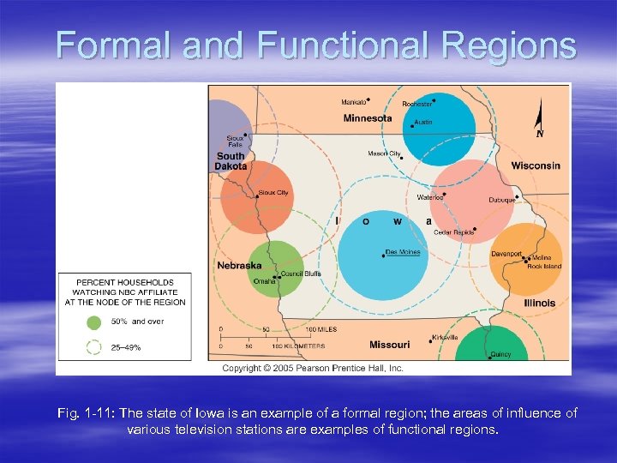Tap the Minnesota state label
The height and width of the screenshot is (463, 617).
[368, 118]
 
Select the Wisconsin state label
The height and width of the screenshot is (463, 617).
[536, 165]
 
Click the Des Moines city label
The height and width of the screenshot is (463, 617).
[403, 252]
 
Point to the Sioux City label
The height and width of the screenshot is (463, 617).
[273, 193]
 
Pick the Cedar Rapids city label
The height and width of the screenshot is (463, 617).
[454, 232]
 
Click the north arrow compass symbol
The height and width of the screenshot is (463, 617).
[539, 120]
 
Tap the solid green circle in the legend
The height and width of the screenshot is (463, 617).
[93, 322]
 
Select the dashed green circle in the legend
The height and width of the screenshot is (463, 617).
[93, 348]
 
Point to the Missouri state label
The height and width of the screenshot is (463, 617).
[389, 345]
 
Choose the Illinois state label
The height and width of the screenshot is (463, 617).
[540, 303]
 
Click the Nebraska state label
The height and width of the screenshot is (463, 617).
[239, 266]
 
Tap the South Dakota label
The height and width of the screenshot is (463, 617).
[231, 161]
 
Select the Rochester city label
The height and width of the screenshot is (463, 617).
[417, 104]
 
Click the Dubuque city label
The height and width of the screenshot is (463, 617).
[501, 200]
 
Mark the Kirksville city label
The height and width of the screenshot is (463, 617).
[445, 337]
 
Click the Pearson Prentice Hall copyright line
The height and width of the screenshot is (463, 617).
[313, 368]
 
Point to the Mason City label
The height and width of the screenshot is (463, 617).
[383, 153]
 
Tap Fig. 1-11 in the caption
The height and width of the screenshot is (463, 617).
[82, 413]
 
